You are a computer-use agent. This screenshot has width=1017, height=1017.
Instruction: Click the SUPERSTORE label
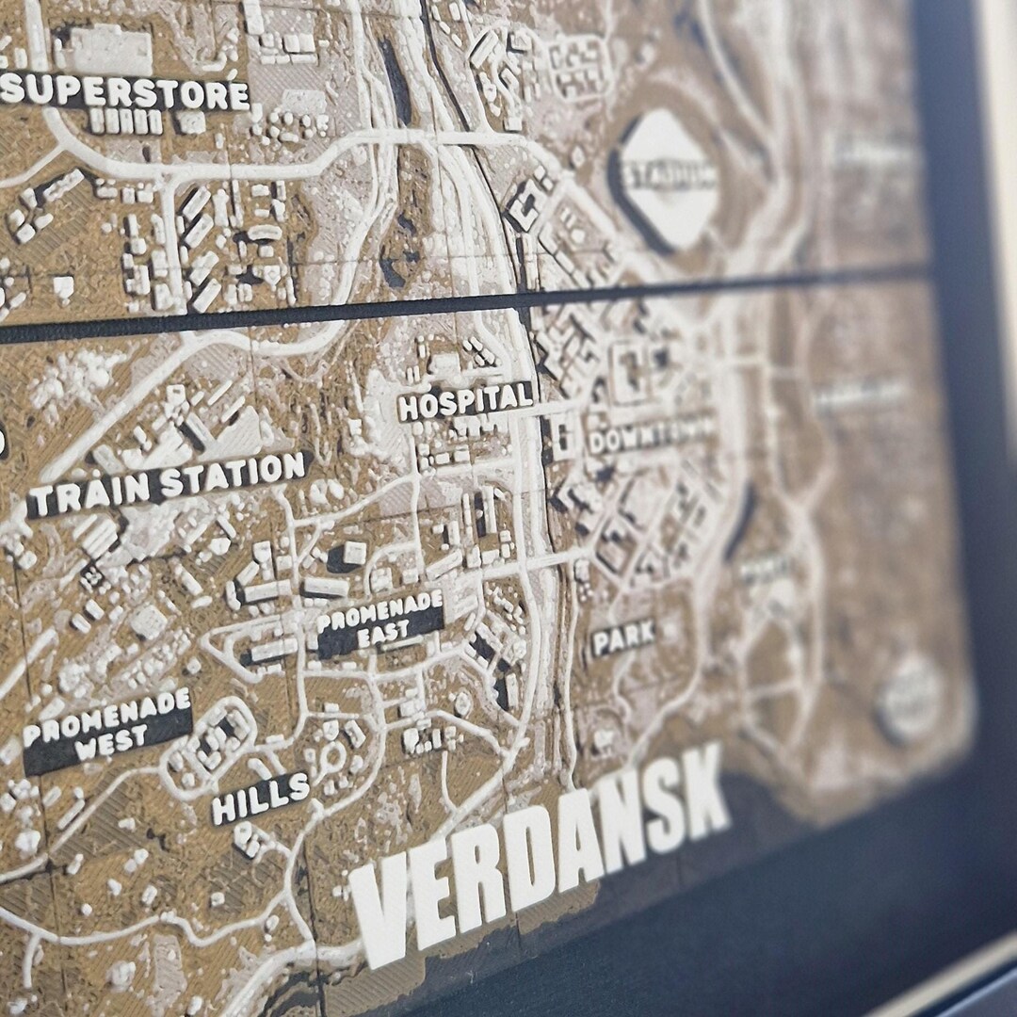click(x=125, y=92)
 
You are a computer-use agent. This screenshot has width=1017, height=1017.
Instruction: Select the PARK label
click(x=622, y=638)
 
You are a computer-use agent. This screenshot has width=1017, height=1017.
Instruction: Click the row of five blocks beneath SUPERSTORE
click(x=126, y=121)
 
